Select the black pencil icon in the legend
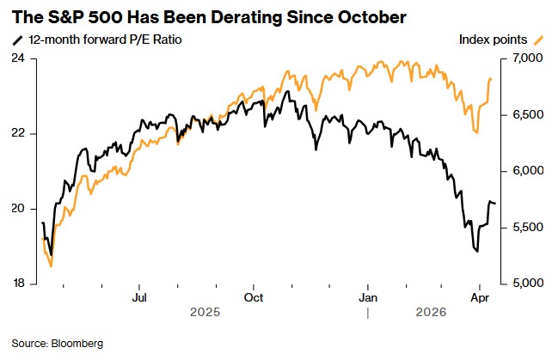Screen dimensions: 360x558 (18, 40)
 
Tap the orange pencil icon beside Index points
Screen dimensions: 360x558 (539, 40)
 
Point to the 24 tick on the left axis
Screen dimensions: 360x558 (17, 58)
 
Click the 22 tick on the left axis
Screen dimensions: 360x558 (17, 133)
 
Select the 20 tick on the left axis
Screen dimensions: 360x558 (17, 209)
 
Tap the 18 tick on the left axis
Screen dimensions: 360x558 (17, 284)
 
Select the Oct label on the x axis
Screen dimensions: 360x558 (254, 298)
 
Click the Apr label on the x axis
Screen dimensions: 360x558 (481, 298)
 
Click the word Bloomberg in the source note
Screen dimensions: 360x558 (76, 344)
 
